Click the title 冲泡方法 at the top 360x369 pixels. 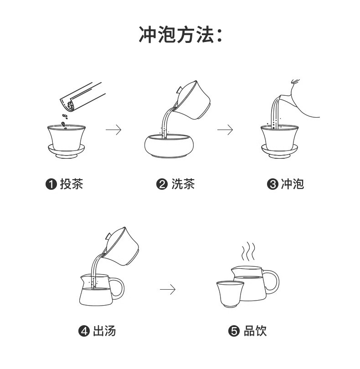[x=180, y=35]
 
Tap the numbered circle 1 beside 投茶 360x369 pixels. [x=51, y=184]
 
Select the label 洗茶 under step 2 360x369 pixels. [x=183, y=184]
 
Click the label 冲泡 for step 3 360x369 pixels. [x=292, y=184]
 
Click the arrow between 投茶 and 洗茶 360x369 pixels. [x=114, y=130]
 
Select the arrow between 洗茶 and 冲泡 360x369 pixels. [x=225, y=130]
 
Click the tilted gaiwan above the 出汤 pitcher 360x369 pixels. [x=121, y=247]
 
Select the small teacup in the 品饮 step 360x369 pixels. [x=229, y=294]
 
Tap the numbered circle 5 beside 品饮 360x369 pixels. [x=234, y=331]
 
